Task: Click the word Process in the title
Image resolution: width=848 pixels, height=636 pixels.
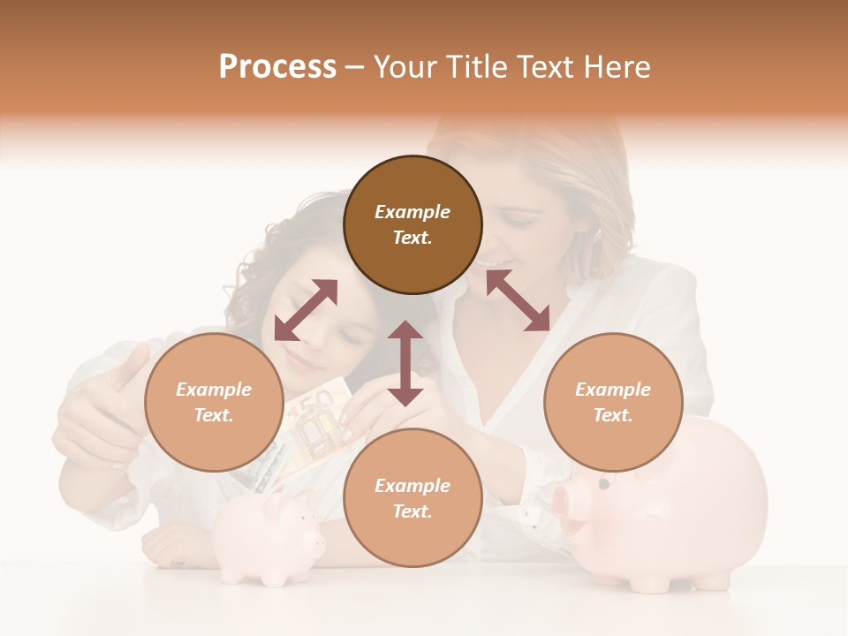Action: tap(277, 67)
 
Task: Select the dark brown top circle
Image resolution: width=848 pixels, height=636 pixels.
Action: tap(413, 224)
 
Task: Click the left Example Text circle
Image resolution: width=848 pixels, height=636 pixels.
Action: tap(214, 402)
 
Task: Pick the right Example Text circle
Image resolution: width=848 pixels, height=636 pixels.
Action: tap(613, 402)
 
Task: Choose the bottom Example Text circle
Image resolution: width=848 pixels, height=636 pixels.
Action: tap(413, 498)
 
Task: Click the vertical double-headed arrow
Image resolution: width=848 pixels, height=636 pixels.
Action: tap(405, 363)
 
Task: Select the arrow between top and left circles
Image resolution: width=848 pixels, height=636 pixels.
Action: tap(306, 310)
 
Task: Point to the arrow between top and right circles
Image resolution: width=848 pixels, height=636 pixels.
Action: tap(518, 301)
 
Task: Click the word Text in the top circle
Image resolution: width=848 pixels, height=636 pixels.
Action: tap(412, 238)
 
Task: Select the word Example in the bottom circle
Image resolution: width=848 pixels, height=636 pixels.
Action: tap(413, 486)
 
